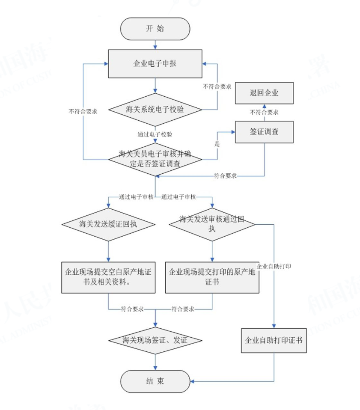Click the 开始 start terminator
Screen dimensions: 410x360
155,29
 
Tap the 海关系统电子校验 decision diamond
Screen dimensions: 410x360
155,109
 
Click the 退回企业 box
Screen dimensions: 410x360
264,93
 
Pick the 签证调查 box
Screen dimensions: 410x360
264,131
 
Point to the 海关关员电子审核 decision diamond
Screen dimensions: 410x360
155,158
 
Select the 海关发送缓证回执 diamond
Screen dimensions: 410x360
108,224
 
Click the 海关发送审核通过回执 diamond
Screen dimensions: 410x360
212,224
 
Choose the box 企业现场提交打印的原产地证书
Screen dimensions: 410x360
212,277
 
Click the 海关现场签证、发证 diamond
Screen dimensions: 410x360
155,341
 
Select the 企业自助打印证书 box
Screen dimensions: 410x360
274,341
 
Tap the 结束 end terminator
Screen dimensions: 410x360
155,381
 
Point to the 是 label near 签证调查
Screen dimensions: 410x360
217,145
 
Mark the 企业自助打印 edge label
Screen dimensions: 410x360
274,267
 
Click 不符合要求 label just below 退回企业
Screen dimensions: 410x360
264,112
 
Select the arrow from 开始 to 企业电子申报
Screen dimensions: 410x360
155,44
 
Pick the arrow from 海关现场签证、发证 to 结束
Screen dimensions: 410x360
155,362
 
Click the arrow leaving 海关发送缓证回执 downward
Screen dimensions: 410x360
108,250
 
